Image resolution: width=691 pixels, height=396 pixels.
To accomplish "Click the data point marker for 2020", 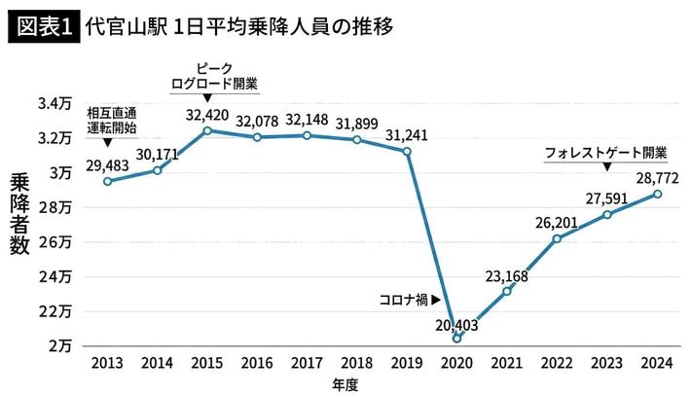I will [x=457, y=339].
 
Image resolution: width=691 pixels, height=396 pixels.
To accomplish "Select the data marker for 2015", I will [x=207, y=130].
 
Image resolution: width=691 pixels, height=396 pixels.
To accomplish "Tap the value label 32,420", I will [x=207, y=113].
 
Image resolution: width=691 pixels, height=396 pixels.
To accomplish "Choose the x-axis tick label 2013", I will [x=106, y=363].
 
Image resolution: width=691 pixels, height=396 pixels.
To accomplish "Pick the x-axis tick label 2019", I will [x=407, y=363].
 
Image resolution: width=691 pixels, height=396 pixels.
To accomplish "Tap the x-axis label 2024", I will [x=657, y=363].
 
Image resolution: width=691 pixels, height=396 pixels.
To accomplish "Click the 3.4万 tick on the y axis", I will [x=55, y=102].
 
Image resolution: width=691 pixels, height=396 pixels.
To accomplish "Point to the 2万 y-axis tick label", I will [x=60, y=345].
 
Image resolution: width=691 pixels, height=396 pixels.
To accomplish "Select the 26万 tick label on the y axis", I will [x=56, y=241].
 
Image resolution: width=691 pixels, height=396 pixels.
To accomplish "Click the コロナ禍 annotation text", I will [x=402, y=301].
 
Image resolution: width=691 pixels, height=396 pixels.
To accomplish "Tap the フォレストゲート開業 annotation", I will [x=605, y=153].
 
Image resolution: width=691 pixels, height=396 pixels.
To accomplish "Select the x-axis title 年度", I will [x=345, y=384].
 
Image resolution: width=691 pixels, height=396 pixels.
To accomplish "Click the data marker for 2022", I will [x=557, y=238].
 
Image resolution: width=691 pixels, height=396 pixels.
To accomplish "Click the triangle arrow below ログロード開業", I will [x=207, y=98].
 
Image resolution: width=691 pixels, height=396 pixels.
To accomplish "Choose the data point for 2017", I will [x=307, y=135].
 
